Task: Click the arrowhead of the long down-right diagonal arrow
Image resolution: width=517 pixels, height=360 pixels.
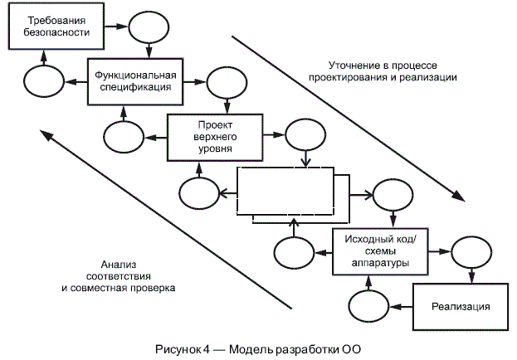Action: click(457, 197)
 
